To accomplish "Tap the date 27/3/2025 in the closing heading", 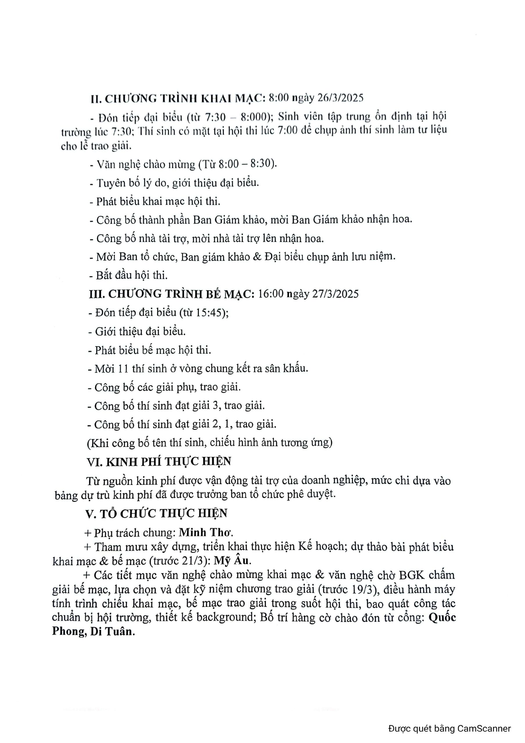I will click(x=336, y=294).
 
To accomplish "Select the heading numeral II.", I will click(x=96, y=98).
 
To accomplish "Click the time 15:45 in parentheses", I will click(x=208, y=313).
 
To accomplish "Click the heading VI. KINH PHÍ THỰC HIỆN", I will click(x=158, y=462).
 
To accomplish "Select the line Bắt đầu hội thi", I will click(x=129, y=275).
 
